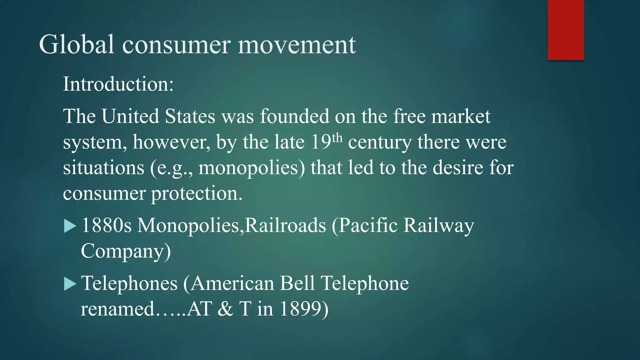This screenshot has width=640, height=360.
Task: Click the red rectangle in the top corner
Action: click(x=566, y=30)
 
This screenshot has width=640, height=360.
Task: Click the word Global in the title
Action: click(x=77, y=45)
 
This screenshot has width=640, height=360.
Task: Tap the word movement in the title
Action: click(x=297, y=45)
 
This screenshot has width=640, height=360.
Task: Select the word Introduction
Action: click(x=118, y=84)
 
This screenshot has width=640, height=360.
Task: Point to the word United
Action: click(x=130, y=116)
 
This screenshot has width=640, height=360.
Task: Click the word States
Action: click(x=190, y=116)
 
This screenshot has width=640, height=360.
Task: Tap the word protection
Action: click(x=197, y=193)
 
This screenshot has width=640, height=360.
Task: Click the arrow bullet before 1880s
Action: click(x=70, y=226)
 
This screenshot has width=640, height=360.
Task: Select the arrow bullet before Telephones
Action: click(x=70, y=284)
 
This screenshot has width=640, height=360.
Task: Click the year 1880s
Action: click(x=106, y=225)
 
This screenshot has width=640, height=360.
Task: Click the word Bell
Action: click(x=297, y=283)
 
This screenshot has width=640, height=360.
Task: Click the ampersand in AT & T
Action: click(x=225, y=309)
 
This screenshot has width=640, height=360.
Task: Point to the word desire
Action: click(x=457, y=167)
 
